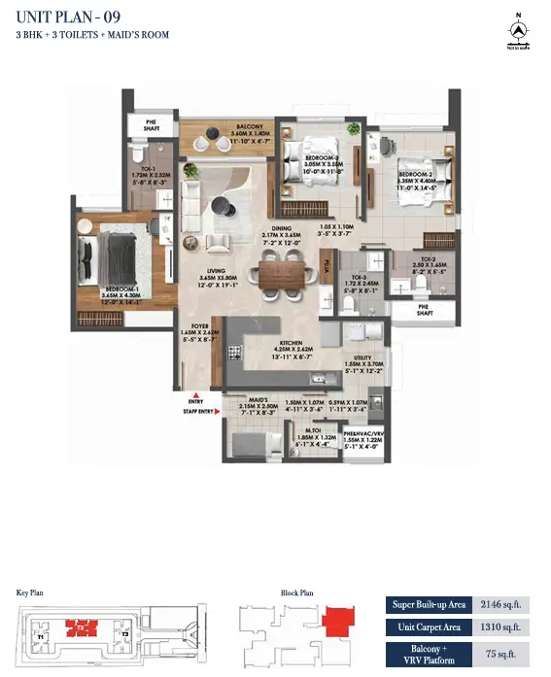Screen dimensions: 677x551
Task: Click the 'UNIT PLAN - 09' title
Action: pos(63,17)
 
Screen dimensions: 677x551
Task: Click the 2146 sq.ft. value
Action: pos(505,604)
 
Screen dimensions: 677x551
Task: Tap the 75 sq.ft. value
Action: pos(505,654)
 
